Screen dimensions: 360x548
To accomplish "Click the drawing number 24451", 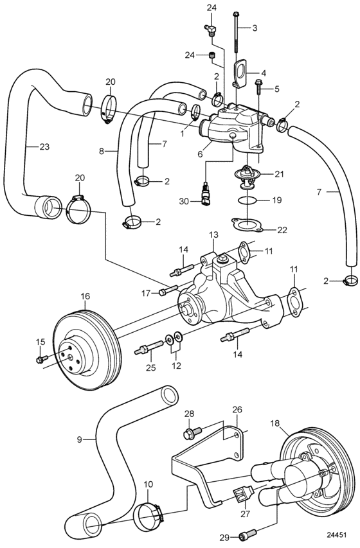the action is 337,535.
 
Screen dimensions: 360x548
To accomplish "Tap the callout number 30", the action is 184,201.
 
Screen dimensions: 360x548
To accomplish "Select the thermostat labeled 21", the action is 248,174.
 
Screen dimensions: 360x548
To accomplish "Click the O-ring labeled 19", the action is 247,200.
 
